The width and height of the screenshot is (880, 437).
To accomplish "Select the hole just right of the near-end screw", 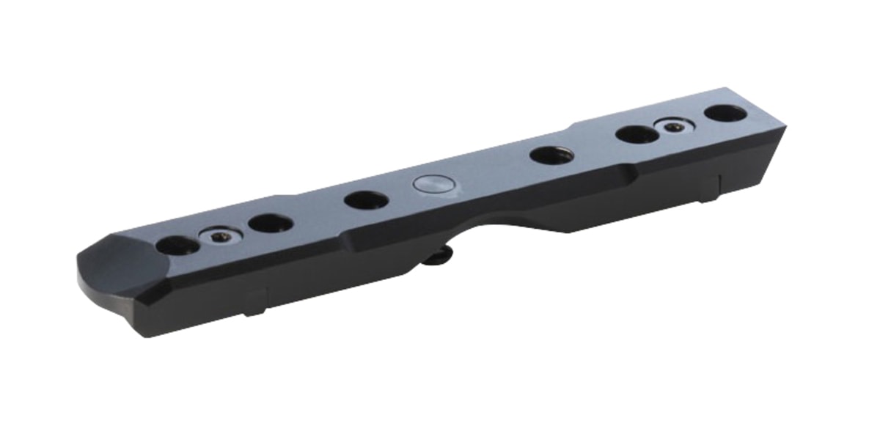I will coord(270,223).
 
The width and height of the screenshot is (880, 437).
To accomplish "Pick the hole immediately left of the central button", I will coord(365,199).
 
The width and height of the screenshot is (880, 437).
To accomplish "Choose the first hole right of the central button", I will coord(550,155).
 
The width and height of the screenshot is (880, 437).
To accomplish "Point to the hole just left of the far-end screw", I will coord(637,134).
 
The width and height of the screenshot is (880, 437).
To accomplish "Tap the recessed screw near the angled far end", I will coord(675,126).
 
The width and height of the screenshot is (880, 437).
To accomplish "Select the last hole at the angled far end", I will coord(725,113).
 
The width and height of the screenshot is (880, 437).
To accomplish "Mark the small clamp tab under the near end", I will coord(254,302).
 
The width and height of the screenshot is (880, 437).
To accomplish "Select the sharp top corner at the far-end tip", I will coord(785,127).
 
